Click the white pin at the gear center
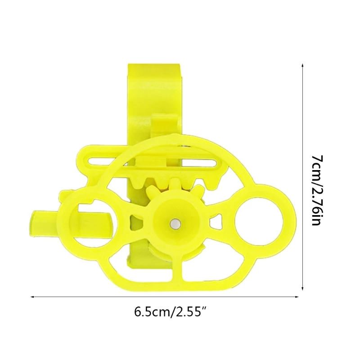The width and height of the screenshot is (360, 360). coord(175,224)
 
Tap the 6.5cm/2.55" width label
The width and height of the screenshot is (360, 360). coord(171,312)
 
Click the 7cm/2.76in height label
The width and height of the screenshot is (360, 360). coord(318,190)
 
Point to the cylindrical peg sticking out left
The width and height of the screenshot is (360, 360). coord(44,223)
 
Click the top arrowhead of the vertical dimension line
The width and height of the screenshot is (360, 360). coord(302,65)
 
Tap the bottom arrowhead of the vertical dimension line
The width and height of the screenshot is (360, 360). coord(302,288)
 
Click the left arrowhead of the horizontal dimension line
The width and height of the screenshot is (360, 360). coord(33,297)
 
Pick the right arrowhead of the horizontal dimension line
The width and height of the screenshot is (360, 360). coord(296,297)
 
